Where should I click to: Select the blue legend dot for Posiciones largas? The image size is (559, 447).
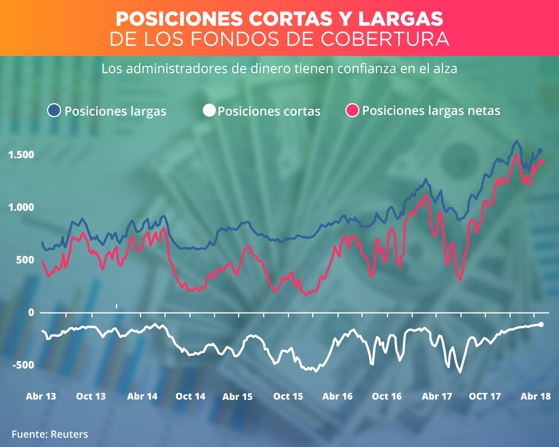pyautogui.click(x=54, y=110)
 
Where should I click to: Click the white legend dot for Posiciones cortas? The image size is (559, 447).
pyautogui.click(x=209, y=110)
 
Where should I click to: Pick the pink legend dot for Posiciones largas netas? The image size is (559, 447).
pyautogui.click(x=352, y=110)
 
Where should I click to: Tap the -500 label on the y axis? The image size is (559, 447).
pyautogui.click(x=23, y=365)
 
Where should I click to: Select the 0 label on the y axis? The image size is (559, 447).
pyautogui.click(x=31, y=312)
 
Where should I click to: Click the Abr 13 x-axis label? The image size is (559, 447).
pyautogui.click(x=41, y=396)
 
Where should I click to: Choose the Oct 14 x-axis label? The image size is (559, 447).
pyautogui.click(x=190, y=396)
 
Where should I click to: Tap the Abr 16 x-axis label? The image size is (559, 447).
pyautogui.click(x=337, y=396)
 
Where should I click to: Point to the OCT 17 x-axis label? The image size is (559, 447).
pyautogui.click(x=485, y=396)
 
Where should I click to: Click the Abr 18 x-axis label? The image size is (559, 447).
pyautogui.click(x=536, y=396)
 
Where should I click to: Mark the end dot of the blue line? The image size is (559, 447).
pyautogui.click(x=540, y=151)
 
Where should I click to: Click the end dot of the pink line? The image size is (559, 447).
pyautogui.click(x=542, y=161)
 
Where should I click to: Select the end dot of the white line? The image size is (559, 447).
pyautogui.click(x=541, y=324)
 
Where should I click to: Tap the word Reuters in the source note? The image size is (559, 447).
pyautogui.click(x=69, y=434)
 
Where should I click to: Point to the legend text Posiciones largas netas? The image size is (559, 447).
pyautogui.click(x=431, y=111)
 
